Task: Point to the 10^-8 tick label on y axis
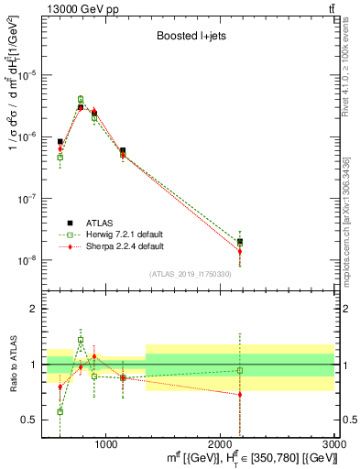click(28, 260)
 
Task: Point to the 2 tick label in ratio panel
click(35, 310)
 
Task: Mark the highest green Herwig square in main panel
click(81, 99)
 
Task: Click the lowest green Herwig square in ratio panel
click(60, 411)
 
